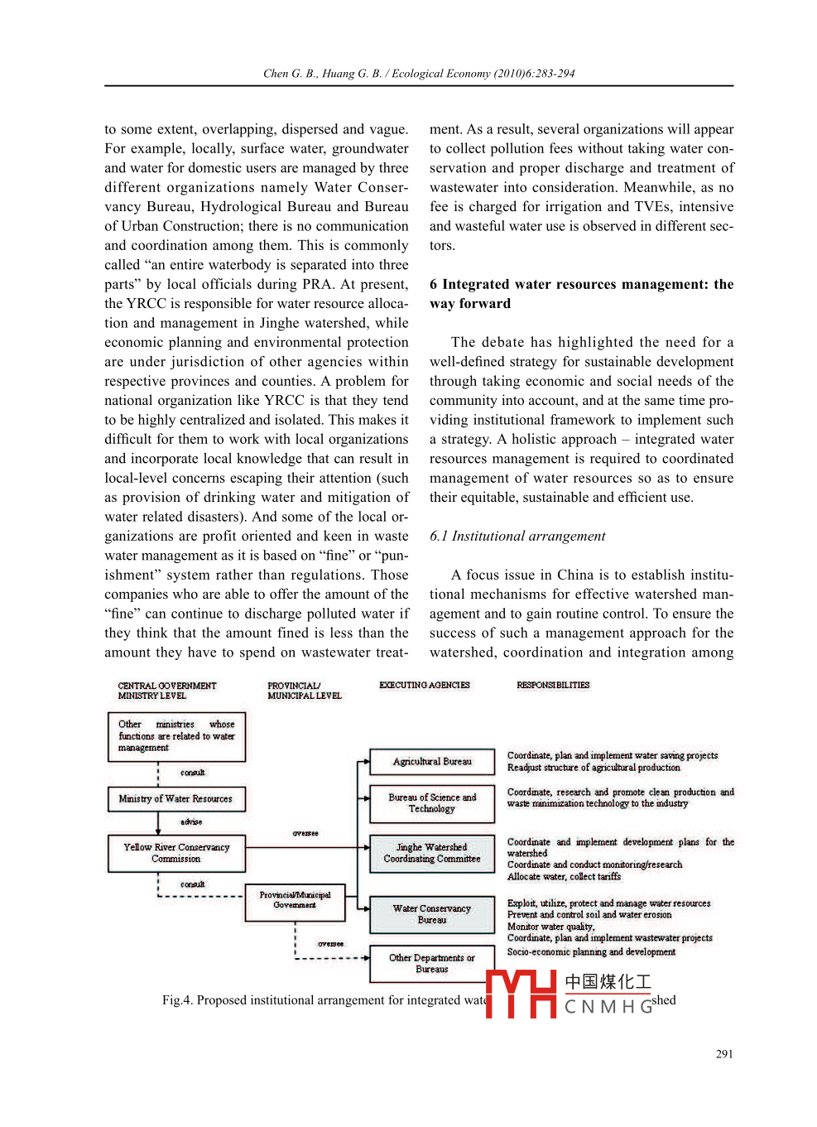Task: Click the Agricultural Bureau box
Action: tap(432, 762)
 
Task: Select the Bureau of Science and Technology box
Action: tap(432, 803)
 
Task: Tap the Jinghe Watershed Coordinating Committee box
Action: tap(432, 854)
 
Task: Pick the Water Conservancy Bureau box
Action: tap(432, 914)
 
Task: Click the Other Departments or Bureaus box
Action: tap(432, 964)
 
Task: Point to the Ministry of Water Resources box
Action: tap(175, 799)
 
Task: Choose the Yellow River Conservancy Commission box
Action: tap(176, 854)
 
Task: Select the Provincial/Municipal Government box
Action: tap(295, 901)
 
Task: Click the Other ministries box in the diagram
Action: tap(176, 736)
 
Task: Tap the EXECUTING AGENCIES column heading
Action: tap(424, 686)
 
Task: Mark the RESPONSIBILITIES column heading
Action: tap(553, 686)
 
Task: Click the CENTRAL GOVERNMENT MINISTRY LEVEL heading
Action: tap(166, 691)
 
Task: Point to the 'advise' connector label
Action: tap(191, 822)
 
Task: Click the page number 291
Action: tap(724, 1054)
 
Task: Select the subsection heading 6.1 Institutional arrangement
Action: tap(517, 537)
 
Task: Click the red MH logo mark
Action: tap(521, 993)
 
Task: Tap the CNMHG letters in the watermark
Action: tap(608, 1007)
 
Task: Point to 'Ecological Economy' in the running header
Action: tap(440, 74)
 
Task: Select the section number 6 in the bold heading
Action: tap(434, 285)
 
